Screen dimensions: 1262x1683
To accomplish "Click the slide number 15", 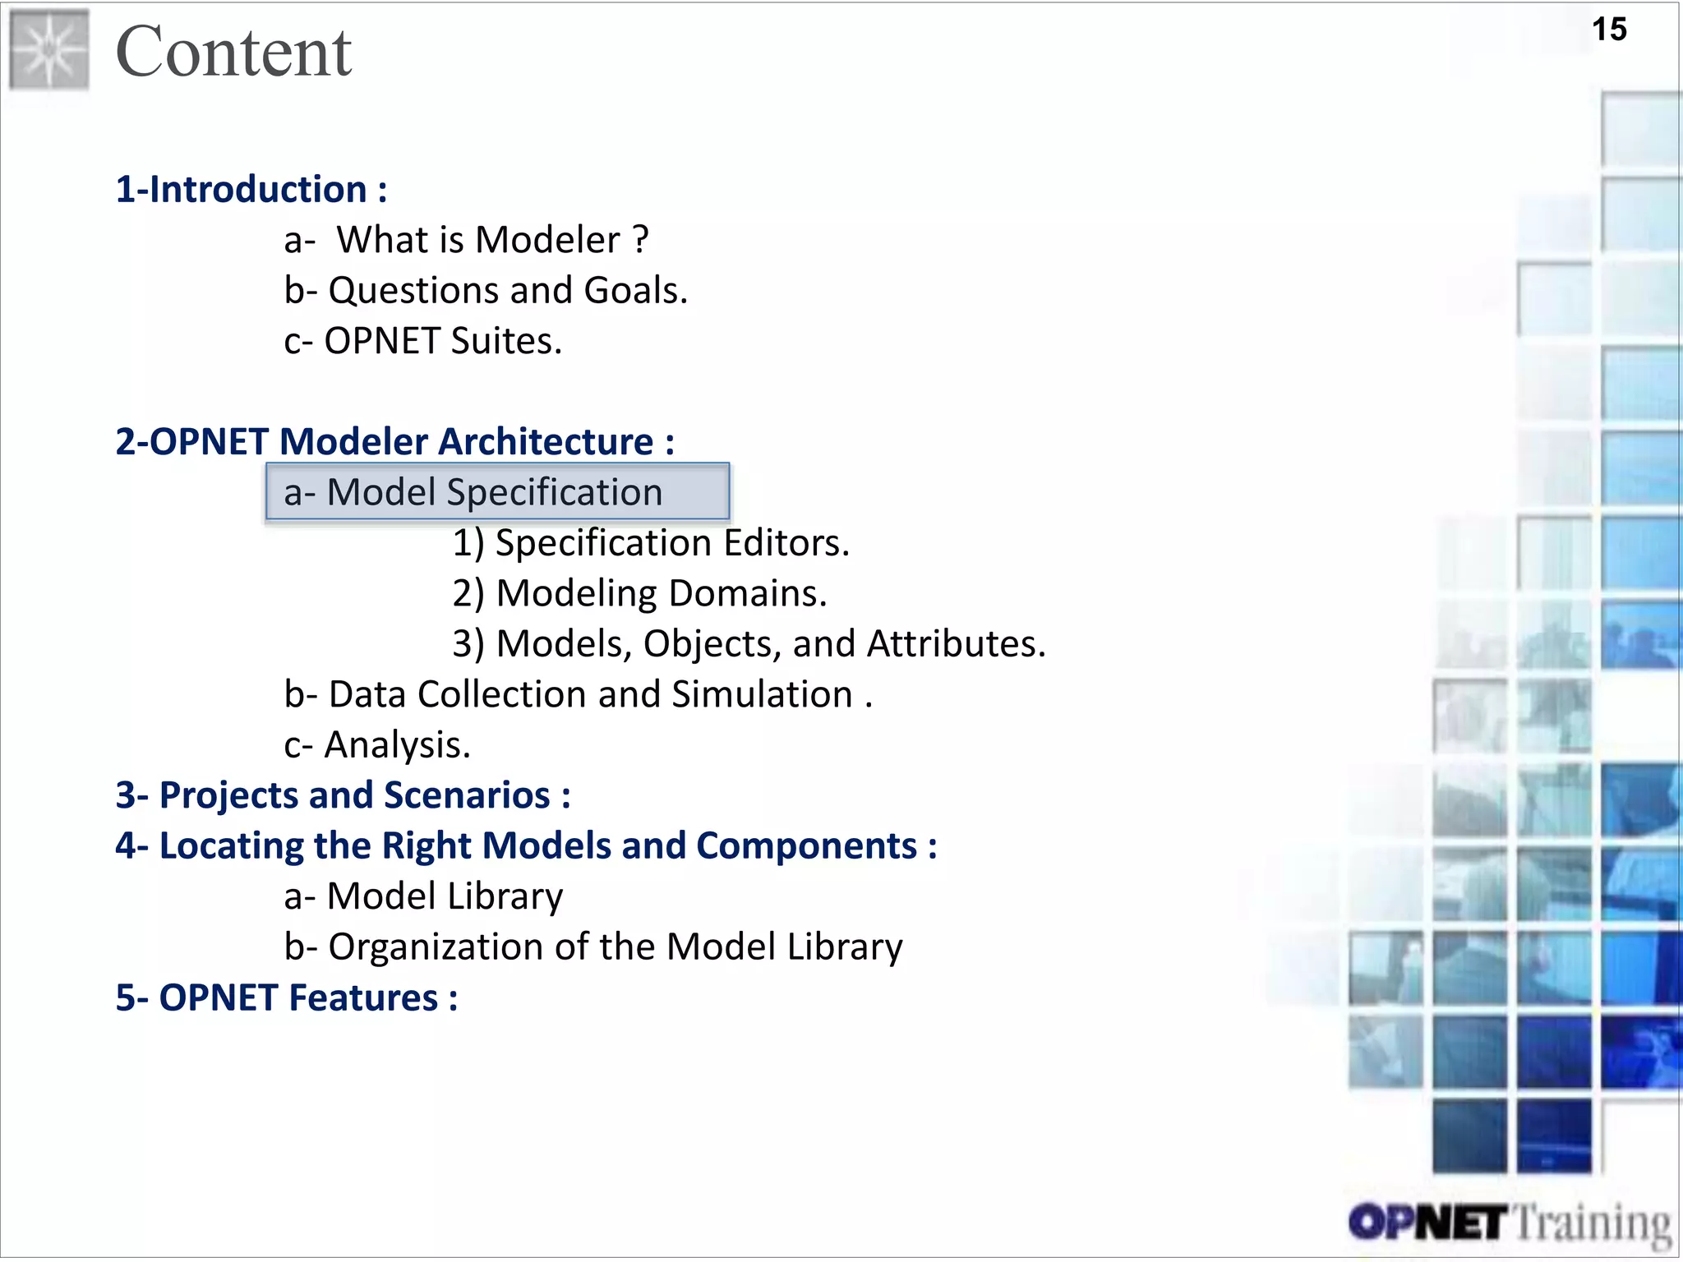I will point(1608,30).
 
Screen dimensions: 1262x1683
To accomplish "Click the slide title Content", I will point(233,53).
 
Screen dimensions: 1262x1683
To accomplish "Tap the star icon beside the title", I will point(49,50).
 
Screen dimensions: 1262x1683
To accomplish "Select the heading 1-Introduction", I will point(250,190).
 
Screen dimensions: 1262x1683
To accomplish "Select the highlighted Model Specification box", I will point(497,492).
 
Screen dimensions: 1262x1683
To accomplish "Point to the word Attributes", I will point(956,644).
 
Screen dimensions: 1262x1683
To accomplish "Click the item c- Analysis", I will point(377,745).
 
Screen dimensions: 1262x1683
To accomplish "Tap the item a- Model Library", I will point(423,896).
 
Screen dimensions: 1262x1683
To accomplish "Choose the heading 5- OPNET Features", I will point(286,998).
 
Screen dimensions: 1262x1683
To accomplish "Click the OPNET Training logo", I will point(1509,1223).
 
